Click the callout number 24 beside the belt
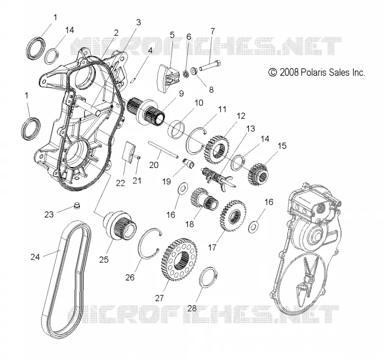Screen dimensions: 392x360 [x=35, y=257]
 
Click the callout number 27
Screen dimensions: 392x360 [x=159, y=298]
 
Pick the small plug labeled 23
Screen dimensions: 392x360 [x=78, y=206]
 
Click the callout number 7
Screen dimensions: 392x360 [x=213, y=31]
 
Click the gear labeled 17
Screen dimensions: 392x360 [x=233, y=216]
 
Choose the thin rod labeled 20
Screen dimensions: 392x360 [x=163, y=149]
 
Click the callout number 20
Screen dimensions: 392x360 [x=154, y=165]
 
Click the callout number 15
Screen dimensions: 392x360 [x=282, y=146]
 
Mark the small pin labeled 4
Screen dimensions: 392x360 [x=134, y=79]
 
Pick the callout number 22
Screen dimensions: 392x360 [x=120, y=183]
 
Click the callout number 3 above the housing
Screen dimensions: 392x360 [x=138, y=23]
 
